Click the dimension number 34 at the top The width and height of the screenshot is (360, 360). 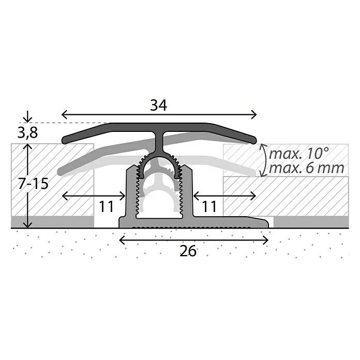click(x=158, y=106)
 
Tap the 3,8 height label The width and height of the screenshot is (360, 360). click(x=27, y=133)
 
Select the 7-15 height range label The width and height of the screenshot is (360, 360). click(x=34, y=184)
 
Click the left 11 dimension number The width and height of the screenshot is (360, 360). click(x=107, y=206)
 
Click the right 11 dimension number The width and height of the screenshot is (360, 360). click(x=209, y=206)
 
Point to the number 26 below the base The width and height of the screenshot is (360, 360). click(x=188, y=251)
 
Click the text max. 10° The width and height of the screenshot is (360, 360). click(x=299, y=154)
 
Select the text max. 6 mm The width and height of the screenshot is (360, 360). click(x=307, y=168)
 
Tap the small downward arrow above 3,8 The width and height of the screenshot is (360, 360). click(x=27, y=116)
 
